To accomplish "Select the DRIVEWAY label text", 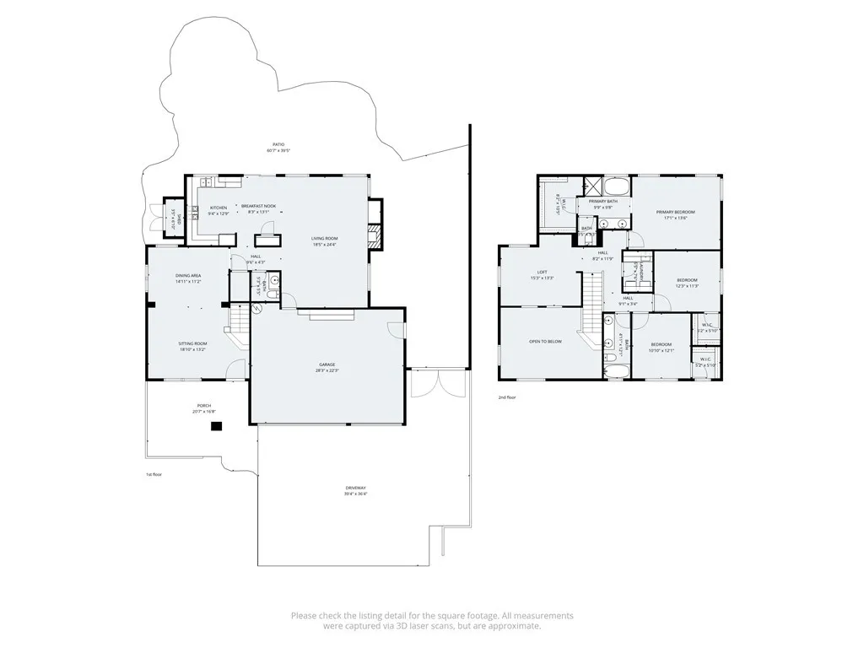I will [355, 489].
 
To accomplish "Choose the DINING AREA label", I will [187, 276].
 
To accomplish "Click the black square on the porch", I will [216, 427].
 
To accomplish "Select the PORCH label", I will [203, 406].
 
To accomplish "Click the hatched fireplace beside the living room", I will [378, 237].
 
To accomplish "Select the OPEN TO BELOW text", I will [545, 342].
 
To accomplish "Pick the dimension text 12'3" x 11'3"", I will [687, 286].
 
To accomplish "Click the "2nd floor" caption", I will [506, 397].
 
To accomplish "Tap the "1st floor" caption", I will [153, 474].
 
